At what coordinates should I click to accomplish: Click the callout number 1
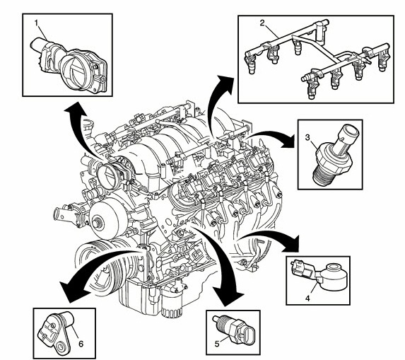37,23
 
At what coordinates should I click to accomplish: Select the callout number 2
262,23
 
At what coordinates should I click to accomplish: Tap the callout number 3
307,138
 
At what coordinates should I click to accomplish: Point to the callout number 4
307,298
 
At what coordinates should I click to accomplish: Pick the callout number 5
217,344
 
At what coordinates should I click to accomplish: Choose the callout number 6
81,344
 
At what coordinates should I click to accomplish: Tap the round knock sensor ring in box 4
335,274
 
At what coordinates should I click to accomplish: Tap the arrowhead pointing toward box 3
288,140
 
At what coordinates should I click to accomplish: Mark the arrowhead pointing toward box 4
291,244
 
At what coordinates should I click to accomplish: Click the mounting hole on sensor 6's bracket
61,345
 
